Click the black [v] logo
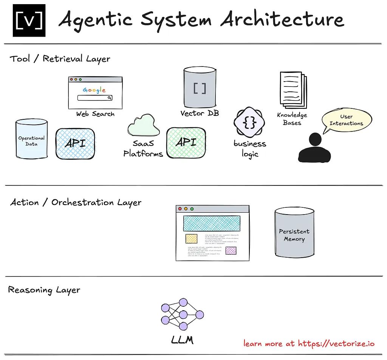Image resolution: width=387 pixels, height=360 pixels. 29,21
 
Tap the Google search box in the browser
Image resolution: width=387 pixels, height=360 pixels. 95,98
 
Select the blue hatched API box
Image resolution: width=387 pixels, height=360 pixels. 75,144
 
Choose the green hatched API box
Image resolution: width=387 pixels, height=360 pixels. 186,142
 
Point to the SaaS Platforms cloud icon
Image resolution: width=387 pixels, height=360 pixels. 141,125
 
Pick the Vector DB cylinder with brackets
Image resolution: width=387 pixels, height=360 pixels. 200,88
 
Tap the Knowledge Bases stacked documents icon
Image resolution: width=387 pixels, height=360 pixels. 293,90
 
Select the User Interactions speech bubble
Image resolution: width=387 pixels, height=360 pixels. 346,120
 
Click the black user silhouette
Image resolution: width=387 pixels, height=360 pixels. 314,148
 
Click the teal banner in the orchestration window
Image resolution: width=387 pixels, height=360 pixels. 212,223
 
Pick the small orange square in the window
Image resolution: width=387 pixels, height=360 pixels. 191,239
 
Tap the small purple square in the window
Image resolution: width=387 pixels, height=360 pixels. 231,250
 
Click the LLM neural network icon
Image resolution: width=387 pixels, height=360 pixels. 182,315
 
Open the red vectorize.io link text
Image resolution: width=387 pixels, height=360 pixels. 309,343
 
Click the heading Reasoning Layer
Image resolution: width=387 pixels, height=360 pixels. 44,290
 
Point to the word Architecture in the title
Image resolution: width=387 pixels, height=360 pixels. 282,19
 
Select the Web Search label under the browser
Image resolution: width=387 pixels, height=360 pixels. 95,114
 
